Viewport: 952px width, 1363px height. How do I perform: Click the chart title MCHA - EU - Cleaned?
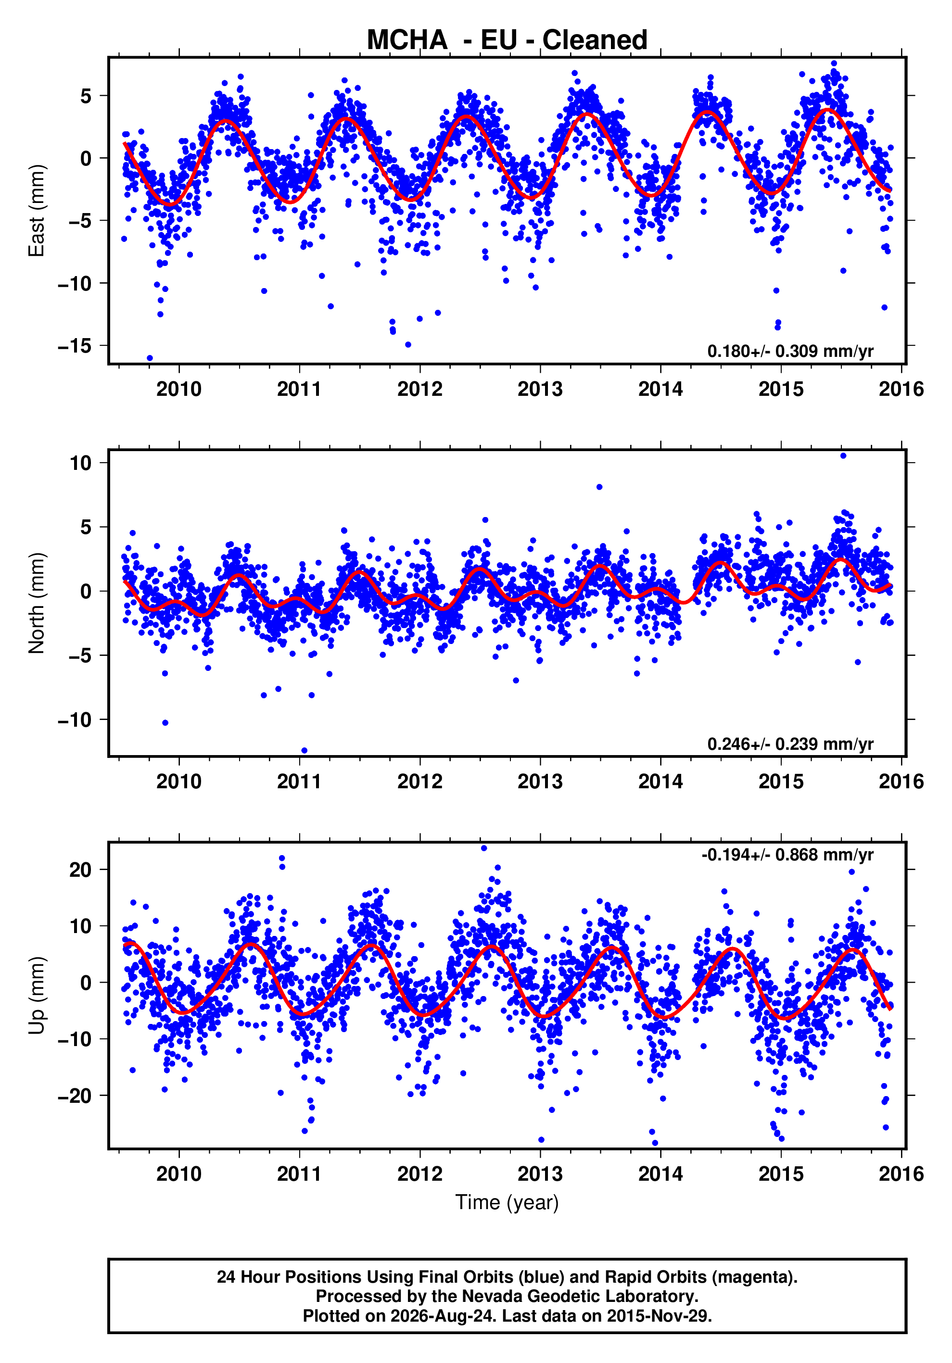[507, 40]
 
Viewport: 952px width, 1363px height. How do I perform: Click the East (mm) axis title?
[36, 211]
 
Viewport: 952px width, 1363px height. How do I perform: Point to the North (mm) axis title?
[36, 603]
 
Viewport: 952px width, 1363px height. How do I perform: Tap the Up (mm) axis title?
[36, 996]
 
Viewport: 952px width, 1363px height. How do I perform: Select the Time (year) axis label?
[507, 1202]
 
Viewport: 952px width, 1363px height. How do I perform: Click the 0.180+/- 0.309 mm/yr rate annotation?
[790, 351]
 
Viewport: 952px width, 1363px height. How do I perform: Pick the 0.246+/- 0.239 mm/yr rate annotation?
[790, 744]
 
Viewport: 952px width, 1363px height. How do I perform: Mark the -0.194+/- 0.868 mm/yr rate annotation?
[787, 855]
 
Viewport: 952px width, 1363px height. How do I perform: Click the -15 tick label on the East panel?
[75, 345]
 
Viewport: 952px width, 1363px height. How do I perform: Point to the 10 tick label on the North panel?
[81, 463]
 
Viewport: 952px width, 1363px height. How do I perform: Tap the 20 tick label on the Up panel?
[81, 871]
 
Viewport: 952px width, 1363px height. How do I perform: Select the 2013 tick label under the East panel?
[540, 390]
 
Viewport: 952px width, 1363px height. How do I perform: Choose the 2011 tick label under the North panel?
[299, 782]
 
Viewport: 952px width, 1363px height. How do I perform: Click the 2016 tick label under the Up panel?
[901, 1174]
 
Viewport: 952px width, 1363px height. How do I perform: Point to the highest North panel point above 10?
[843, 456]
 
